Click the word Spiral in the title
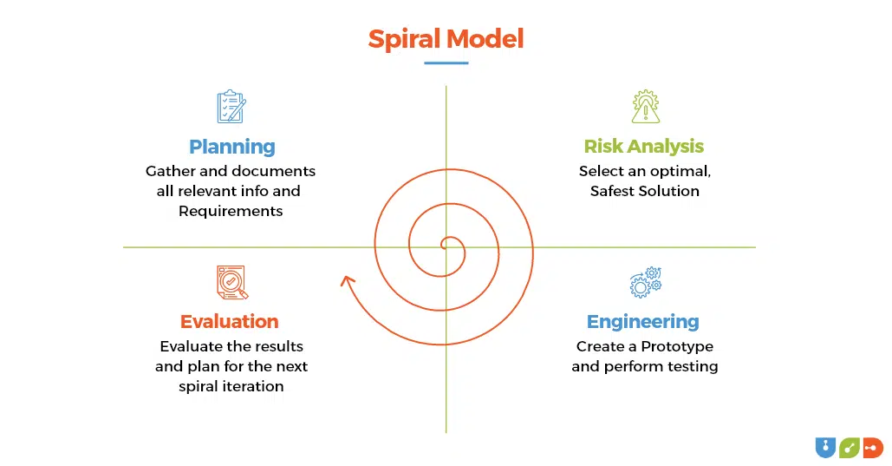405,39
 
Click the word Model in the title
485,39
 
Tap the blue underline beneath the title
446,62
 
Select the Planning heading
232,147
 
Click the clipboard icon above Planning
231,107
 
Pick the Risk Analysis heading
644,147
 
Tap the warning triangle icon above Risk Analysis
646,107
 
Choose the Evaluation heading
229,321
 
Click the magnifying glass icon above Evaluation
232,283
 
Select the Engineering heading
643,322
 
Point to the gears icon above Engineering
646,283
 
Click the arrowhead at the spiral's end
347,280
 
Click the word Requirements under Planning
231,212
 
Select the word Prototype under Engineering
677,346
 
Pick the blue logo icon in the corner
825,448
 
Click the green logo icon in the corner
850,448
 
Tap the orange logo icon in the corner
873,448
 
